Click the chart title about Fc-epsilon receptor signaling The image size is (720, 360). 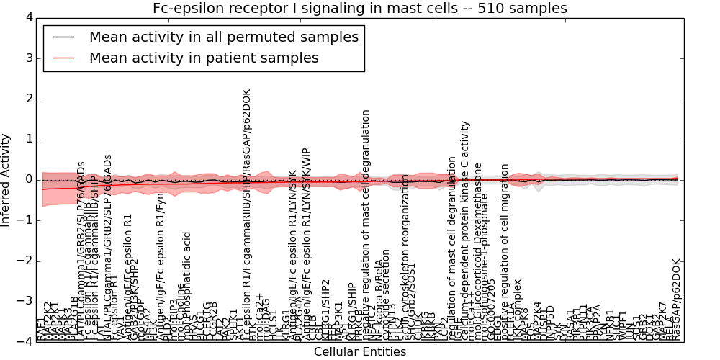click(x=360, y=9)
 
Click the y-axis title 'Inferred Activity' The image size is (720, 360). click(x=6, y=179)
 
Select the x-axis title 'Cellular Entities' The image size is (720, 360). click(x=360, y=352)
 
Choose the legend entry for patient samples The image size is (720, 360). click(x=204, y=58)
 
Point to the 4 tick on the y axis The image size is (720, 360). click(x=28, y=17)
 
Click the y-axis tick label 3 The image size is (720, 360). click(x=28, y=58)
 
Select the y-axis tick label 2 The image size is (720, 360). click(x=28, y=98)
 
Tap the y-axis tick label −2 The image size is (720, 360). click(x=25, y=261)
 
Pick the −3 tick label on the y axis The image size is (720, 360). click(x=25, y=301)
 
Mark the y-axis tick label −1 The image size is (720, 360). click(x=25, y=220)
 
